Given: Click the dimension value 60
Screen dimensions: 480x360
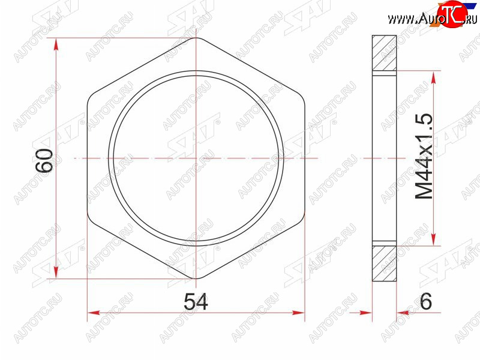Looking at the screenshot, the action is click(44, 161).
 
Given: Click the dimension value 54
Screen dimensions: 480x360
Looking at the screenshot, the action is click(196, 302).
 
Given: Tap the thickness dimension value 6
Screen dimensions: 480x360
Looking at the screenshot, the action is click(426, 301).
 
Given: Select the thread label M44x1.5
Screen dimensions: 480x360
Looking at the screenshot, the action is click(424, 157).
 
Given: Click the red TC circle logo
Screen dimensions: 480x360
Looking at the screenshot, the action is click(452, 14).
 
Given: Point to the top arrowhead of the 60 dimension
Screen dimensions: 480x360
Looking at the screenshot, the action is click(56, 44).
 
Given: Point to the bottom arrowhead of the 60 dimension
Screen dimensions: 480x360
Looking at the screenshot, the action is click(56, 272).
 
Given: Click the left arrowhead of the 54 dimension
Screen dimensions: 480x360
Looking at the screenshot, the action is click(94, 313).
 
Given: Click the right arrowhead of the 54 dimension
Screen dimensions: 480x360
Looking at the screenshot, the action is click(298, 313).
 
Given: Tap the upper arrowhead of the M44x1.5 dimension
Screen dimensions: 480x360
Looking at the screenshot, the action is click(433, 78).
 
